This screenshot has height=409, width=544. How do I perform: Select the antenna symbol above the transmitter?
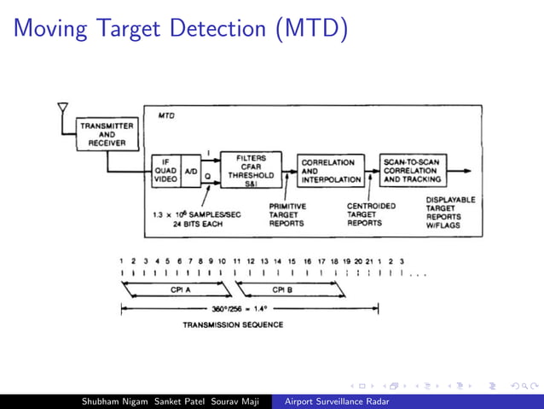62,109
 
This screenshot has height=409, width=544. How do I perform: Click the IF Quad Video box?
166,171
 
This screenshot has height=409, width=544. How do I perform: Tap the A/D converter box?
191,171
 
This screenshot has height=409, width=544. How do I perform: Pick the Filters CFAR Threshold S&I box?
250,171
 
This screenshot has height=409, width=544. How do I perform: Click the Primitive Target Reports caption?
287,214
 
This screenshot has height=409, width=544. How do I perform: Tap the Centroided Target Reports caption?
371,214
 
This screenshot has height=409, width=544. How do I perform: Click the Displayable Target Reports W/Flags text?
450,213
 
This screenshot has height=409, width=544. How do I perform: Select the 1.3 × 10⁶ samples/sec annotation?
196,219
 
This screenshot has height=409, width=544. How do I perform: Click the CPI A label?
179,289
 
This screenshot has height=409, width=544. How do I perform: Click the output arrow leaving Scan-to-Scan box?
460,171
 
